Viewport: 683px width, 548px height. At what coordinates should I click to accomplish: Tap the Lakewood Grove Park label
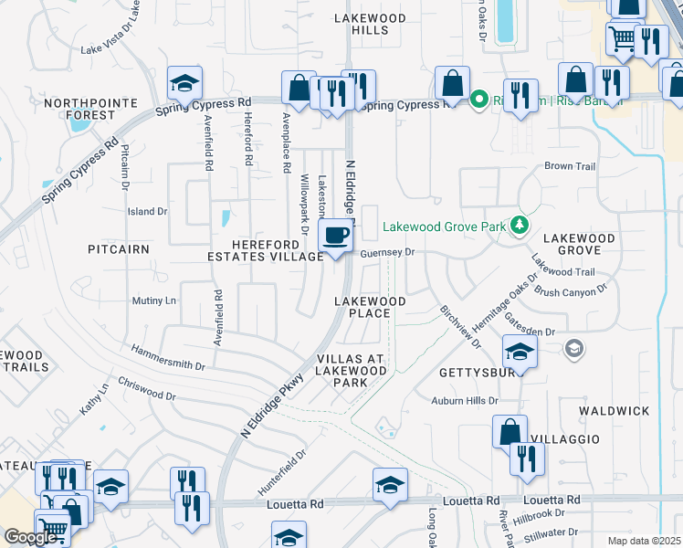click(x=445, y=227)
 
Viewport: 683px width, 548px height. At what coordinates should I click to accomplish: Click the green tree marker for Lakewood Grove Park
click(x=520, y=224)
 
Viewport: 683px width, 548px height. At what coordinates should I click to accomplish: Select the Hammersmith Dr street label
click(x=168, y=358)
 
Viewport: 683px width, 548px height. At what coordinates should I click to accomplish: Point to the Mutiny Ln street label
click(x=153, y=300)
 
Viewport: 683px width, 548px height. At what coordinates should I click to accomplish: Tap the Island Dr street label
click(x=147, y=212)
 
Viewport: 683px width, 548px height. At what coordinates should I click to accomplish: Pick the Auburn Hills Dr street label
click(x=466, y=401)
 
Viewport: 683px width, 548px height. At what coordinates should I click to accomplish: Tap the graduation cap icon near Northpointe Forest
click(x=184, y=84)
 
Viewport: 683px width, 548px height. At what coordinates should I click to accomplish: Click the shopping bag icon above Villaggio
click(x=510, y=431)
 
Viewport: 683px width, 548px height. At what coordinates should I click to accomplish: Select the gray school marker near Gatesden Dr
click(x=573, y=348)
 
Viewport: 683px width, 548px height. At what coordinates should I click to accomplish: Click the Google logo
click(x=30, y=537)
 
